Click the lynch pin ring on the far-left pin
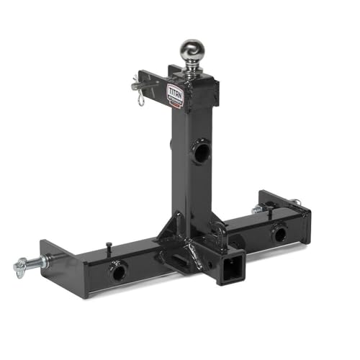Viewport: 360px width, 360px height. point(19,269)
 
